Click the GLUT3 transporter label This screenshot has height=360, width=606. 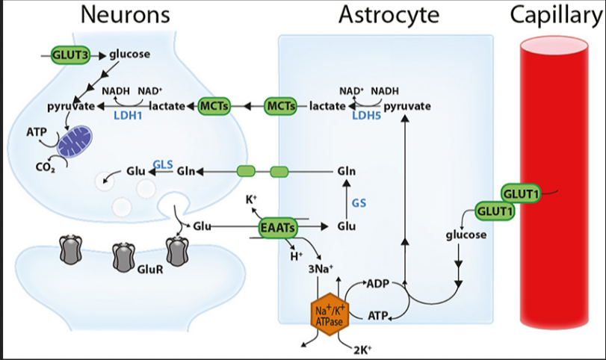point(71,55)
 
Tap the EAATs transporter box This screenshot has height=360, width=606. point(277,228)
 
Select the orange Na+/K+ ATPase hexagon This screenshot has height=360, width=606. point(330,314)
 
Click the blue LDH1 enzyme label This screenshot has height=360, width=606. point(128,116)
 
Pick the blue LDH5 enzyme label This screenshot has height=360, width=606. point(366,115)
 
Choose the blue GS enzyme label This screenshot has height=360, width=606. point(359,203)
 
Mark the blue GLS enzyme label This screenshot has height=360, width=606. point(163,164)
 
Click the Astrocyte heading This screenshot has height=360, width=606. point(389,16)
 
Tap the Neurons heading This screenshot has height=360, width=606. point(126,15)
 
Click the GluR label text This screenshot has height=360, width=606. point(150,269)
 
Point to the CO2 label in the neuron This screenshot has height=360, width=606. point(46,167)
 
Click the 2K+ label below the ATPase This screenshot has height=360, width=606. point(362,350)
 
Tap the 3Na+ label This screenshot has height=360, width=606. point(321,268)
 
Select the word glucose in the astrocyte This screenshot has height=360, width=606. point(466,235)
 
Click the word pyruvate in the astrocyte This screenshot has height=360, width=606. point(407,106)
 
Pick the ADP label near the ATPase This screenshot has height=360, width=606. point(377,284)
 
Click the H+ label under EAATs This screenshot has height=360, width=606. point(297,255)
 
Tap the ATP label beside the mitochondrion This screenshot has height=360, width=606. point(37,132)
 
